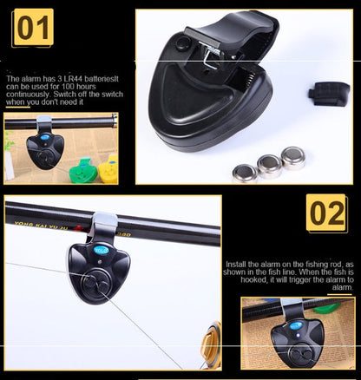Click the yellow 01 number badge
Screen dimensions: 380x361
point(33,28)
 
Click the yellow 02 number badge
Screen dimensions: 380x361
point(327,213)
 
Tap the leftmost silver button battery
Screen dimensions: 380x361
point(245,172)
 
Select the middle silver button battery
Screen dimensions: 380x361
point(269,163)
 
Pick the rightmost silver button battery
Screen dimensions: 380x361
point(293,156)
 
